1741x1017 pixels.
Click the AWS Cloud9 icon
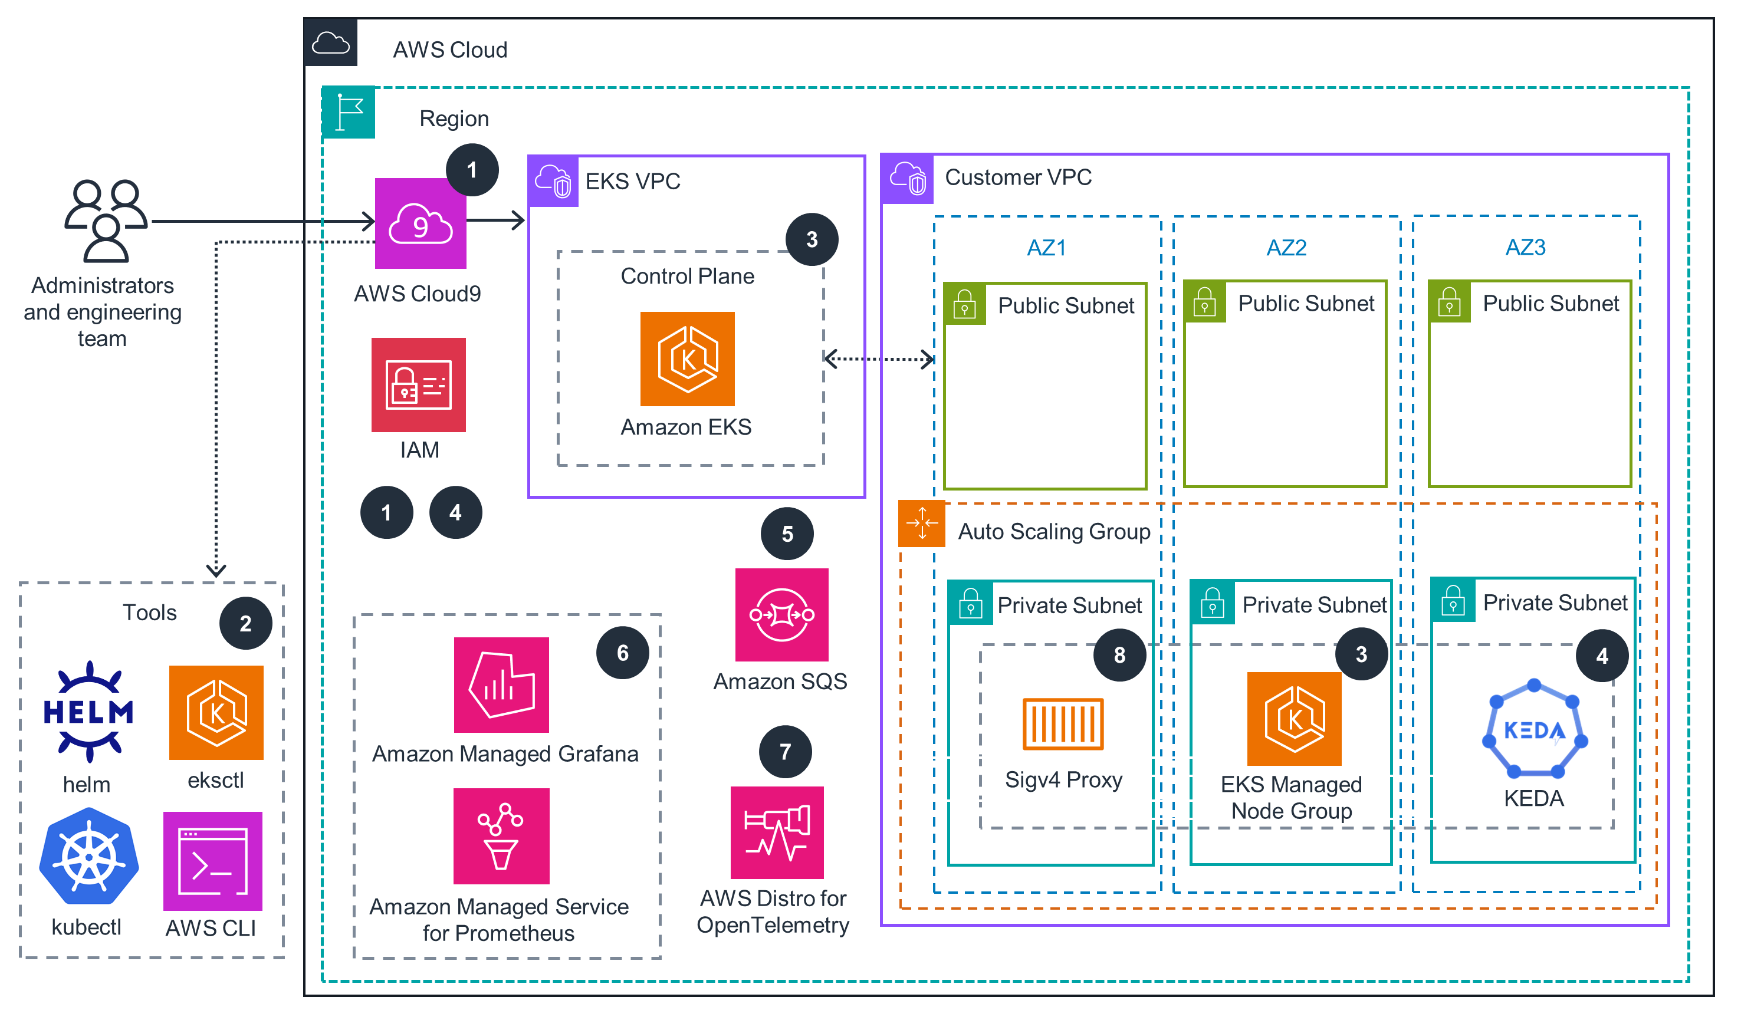(420, 223)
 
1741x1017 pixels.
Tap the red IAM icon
(419, 384)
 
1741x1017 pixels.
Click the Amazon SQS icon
(781, 614)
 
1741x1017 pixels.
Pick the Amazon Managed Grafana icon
(501, 684)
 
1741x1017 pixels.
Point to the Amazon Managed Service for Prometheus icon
(501, 835)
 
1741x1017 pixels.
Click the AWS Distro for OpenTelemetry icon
(777, 832)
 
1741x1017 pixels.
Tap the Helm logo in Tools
(88, 711)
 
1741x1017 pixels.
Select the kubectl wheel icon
(88, 856)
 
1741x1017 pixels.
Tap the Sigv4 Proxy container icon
(1063, 723)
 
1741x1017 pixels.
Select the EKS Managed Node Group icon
(1293, 718)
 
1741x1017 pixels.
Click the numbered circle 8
(1119, 654)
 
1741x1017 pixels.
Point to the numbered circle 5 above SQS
(787, 534)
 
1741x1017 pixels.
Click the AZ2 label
(1286, 247)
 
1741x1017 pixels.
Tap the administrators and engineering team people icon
(106, 221)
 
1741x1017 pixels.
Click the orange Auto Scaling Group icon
(922, 524)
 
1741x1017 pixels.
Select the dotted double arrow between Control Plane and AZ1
(879, 359)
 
